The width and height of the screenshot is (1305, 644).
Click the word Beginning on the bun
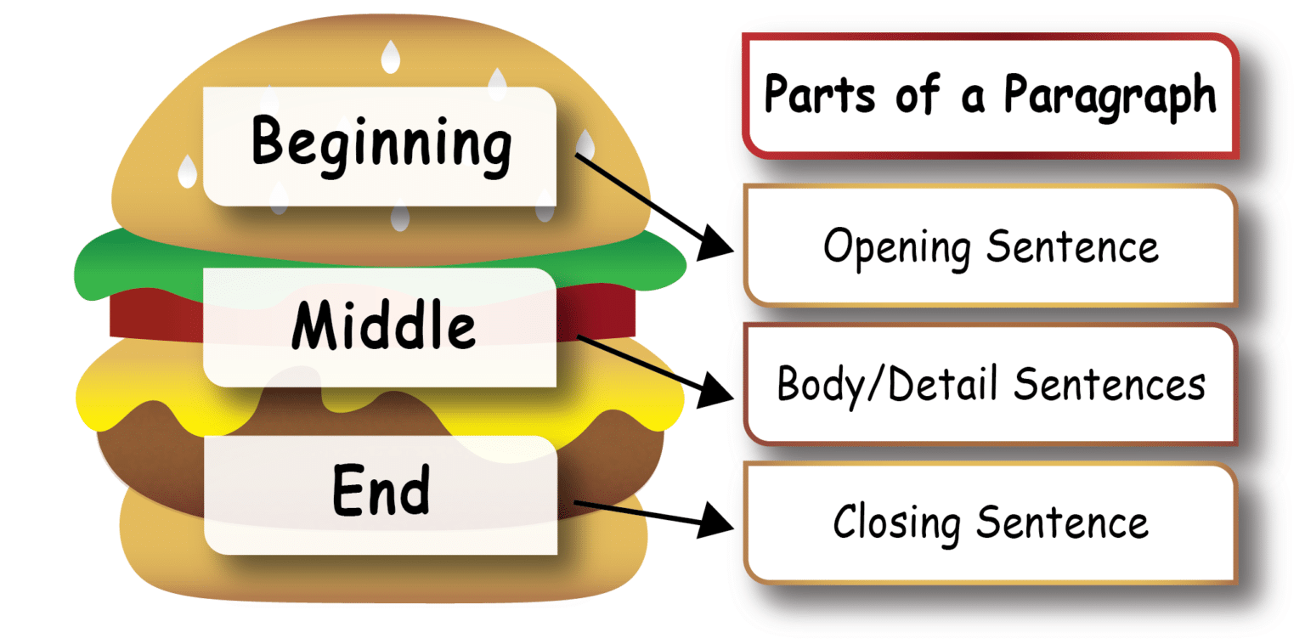381,145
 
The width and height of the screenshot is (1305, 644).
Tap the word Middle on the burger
383,327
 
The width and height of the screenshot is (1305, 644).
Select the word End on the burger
380,493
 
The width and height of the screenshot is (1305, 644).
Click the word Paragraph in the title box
1110,95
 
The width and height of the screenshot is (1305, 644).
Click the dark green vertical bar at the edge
30,322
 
